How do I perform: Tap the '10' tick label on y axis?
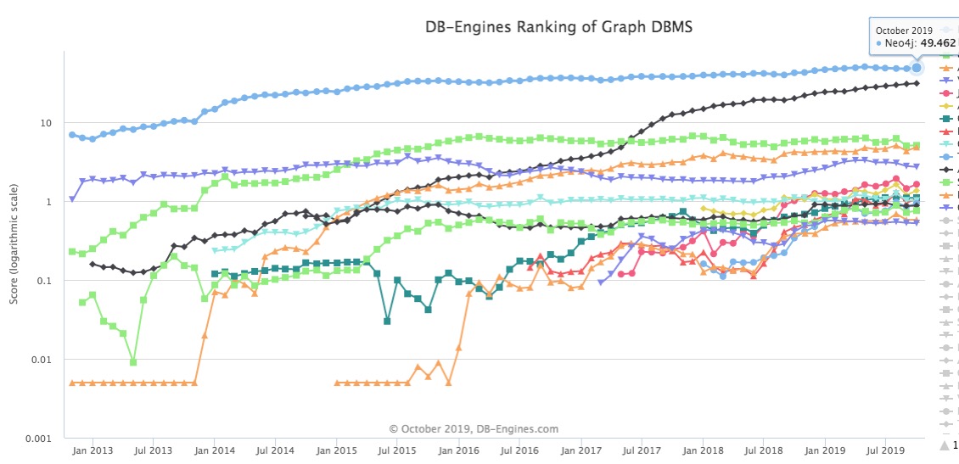[48, 124]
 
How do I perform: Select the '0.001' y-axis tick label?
[40, 439]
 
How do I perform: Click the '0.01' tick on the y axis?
[43, 361]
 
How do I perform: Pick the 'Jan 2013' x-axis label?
[89, 451]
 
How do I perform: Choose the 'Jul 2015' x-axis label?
[397, 451]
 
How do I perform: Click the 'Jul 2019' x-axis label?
[885, 451]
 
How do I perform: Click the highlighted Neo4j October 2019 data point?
[917, 68]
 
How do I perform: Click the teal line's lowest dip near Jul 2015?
[387, 321]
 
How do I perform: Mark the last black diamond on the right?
[917, 83]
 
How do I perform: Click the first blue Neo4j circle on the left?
[72, 135]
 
